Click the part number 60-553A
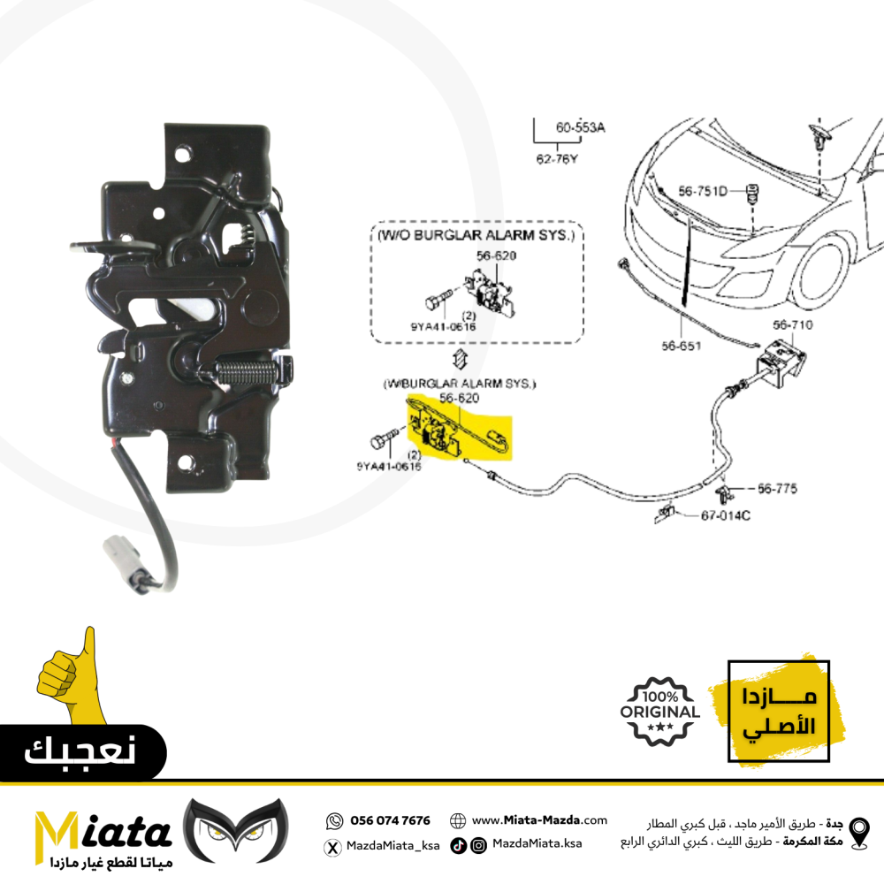tap(580, 127)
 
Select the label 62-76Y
tap(556, 160)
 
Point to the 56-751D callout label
tap(703, 190)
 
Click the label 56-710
tap(792, 324)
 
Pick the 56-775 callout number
tap(777, 488)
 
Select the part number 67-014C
tap(726, 515)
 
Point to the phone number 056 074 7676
tap(391, 820)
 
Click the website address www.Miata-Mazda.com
tap(539, 820)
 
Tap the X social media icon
tap(333, 847)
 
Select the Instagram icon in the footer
tap(477, 846)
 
